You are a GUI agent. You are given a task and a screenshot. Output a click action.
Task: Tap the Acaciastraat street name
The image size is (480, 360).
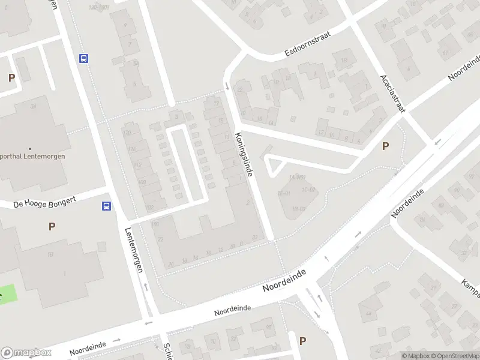[x=393, y=94]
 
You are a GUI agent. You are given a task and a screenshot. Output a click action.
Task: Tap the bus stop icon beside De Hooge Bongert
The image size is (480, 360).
[x=106, y=206]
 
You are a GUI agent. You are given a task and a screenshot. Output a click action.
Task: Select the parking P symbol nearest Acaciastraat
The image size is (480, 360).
[x=385, y=146]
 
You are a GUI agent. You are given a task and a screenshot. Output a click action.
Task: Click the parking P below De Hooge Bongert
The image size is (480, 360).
[x=52, y=226]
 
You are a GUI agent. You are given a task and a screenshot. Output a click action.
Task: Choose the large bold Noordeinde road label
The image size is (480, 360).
[x=284, y=280]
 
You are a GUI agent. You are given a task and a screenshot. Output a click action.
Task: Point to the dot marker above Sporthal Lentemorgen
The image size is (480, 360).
[x=29, y=148]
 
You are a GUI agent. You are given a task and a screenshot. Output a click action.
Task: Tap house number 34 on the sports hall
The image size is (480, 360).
[x=33, y=106]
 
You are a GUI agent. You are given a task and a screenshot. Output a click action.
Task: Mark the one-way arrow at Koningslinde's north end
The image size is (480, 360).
[x=227, y=86]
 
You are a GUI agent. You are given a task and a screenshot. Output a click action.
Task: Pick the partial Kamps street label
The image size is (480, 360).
[x=470, y=289]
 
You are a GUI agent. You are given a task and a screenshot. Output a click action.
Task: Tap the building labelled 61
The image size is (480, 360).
[x=445, y=52]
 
